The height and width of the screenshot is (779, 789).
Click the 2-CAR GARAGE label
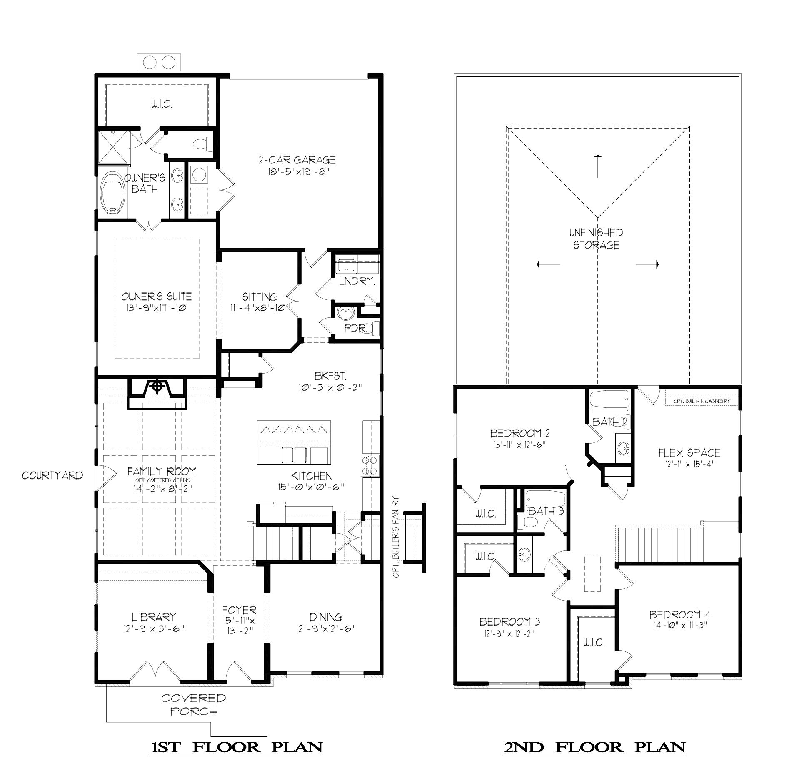pos(297,160)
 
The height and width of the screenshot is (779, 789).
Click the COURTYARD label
pos(52,475)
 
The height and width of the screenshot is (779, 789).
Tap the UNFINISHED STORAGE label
pos(596,239)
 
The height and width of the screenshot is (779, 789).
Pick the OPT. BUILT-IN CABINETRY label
pos(702,401)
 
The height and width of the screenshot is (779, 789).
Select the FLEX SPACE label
pos(689,452)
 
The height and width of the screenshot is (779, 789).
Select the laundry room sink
pos(345,265)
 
